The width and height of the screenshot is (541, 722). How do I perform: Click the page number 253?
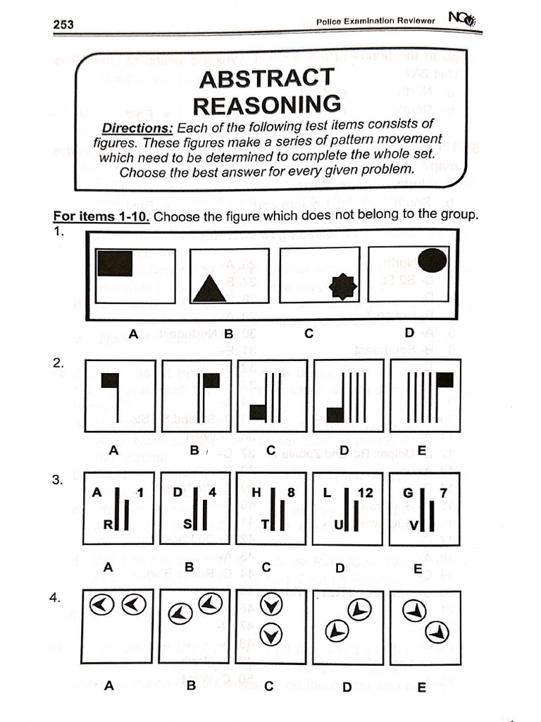[x=63, y=25]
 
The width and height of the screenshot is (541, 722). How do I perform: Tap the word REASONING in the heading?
[x=267, y=105]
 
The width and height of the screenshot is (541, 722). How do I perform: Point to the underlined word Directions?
[x=137, y=128]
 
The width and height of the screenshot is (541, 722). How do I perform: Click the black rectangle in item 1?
[x=115, y=263]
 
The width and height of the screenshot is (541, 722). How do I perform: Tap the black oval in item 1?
[x=432, y=261]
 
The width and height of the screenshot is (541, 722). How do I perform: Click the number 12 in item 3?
[x=365, y=494]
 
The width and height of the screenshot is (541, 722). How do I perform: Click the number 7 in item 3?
[x=443, y=494]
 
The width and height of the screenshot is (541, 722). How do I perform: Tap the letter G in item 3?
[x=408, y=494]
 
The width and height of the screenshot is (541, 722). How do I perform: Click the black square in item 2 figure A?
[x=109, y=380]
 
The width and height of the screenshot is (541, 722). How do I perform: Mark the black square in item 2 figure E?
[x=444, y=380]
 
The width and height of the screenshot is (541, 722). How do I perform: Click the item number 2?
[x=58, y=364]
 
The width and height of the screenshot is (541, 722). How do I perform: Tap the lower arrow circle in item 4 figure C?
[x=268, y=635]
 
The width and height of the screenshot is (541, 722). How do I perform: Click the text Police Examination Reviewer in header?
[x=377, y=22]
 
